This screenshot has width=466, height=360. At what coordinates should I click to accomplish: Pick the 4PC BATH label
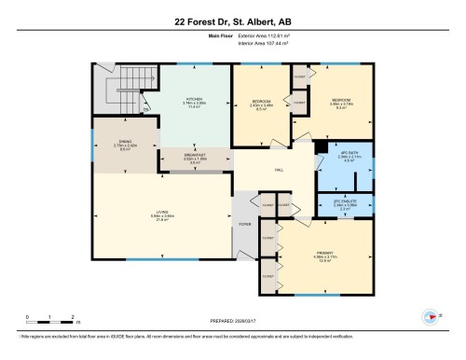[x=348, y=154]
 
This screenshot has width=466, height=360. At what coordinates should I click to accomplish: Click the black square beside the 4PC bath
[x=319, y=145]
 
